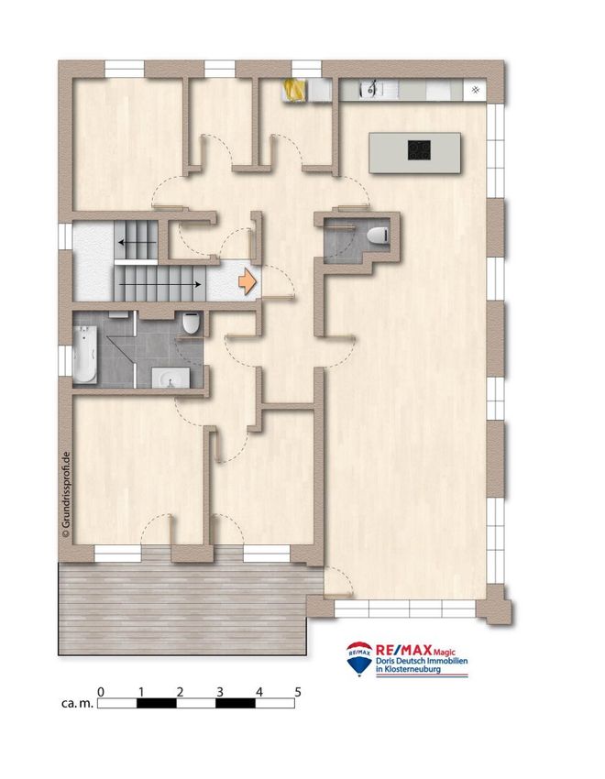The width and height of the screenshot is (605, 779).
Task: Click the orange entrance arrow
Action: (247, 281)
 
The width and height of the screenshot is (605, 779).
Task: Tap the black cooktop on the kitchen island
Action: (419, 150)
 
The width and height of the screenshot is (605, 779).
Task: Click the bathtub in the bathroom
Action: (85, 355)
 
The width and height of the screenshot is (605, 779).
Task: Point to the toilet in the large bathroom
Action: (191, 323)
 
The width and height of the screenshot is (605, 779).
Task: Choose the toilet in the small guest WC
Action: (378, 235)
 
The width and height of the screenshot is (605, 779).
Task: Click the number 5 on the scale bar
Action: (298, 692)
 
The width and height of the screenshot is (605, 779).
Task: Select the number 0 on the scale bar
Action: (101, 692)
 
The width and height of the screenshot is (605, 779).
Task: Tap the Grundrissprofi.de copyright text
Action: (66, 495)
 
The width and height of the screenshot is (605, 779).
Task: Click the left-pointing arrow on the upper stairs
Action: (137, 243)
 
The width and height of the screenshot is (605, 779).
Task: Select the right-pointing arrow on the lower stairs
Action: (159, 285)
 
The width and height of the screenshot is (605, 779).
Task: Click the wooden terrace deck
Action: (182, 609)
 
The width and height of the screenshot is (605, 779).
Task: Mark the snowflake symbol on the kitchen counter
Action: (476, 90)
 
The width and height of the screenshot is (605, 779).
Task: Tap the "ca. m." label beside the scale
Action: (77, 704)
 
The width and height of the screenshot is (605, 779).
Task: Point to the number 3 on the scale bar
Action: (220, 692)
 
